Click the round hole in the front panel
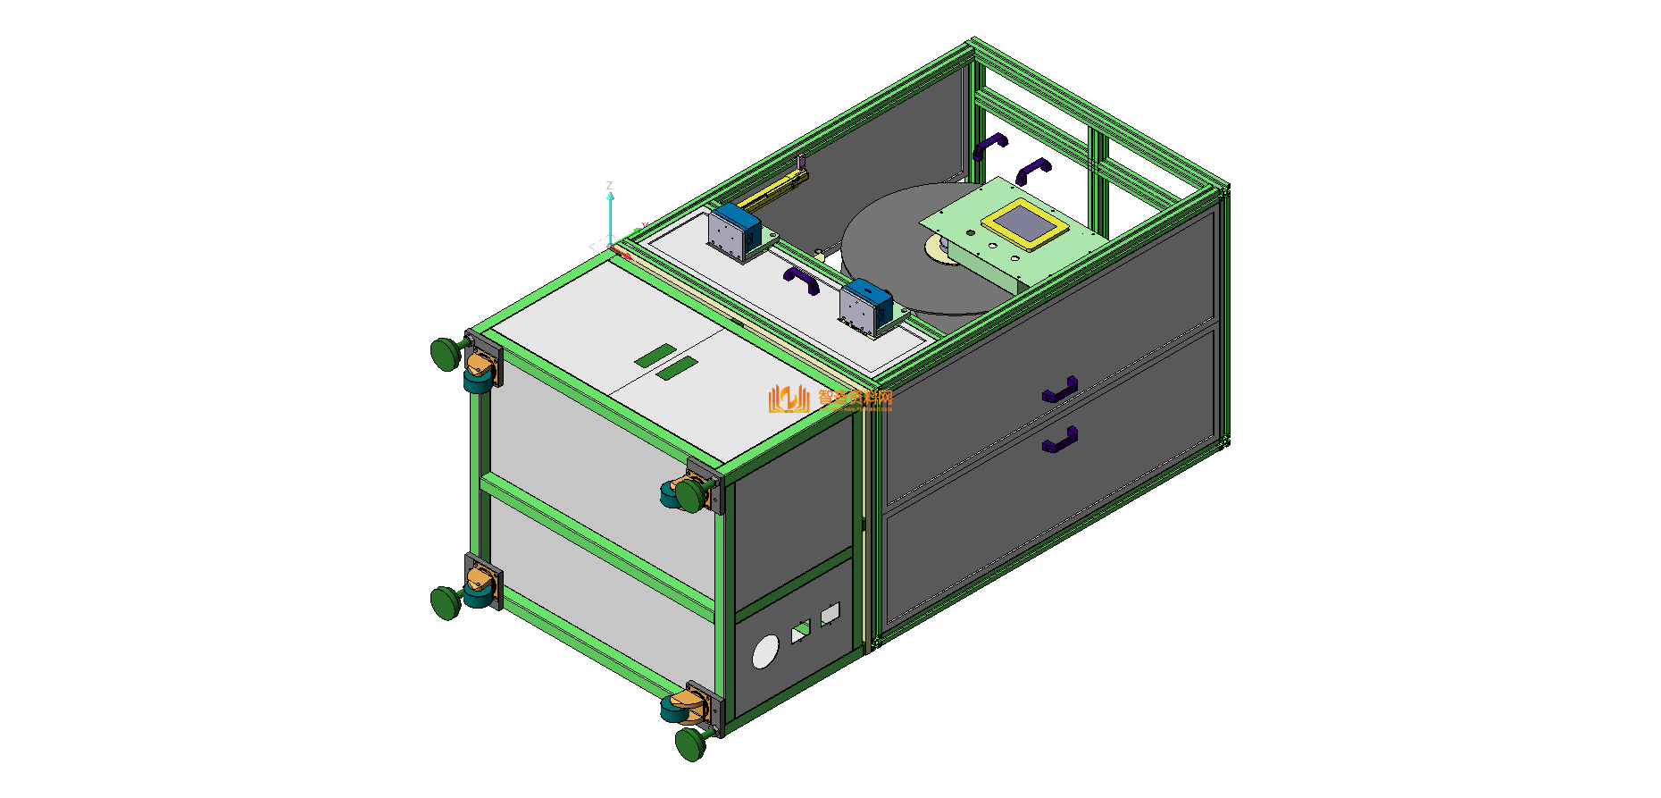pos(765,652)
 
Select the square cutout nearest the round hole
pos(801,632)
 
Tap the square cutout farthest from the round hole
pos(830,614)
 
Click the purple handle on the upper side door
pos(1060,390)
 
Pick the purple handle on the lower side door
pos(1060,440)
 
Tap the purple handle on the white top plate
pos(801,280)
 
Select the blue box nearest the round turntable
pos(865,306)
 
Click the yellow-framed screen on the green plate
pos(1024,223)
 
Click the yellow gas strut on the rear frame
pos(773,189)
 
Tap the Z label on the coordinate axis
pos(610,186)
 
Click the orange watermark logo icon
pos(788,399)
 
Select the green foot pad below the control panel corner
pos(689,743)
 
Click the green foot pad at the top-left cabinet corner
pos(445,354)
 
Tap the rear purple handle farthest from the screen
pos(989,145)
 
